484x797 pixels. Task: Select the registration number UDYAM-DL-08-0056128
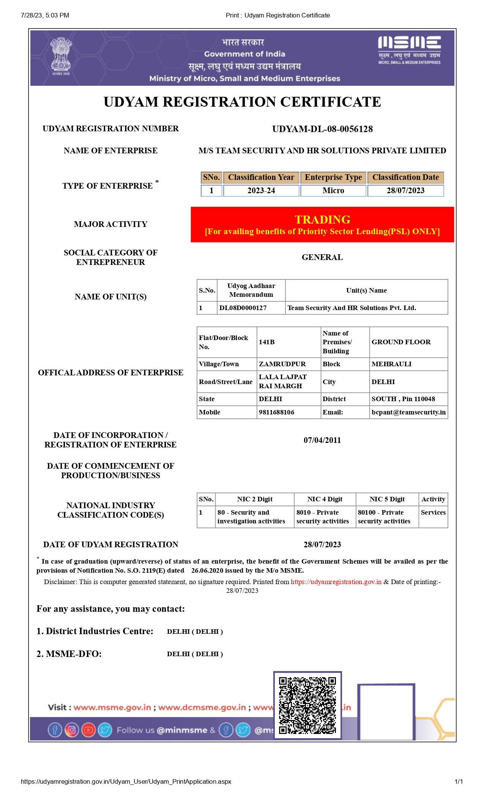coord(322,129)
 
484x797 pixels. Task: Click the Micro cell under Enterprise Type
coord(333,191)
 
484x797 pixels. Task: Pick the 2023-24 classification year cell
coord(261,191)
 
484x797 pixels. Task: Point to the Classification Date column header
coord(405,177)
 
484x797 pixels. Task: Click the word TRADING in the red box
coord(322,220)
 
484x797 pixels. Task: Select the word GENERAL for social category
coord(322,257)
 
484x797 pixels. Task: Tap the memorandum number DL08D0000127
coord(243,308)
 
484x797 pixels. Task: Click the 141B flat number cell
coord(267,342)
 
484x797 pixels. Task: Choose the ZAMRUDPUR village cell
coord(282,364)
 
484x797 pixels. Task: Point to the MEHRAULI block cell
coord(391,364)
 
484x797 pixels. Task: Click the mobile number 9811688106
coord(276,412)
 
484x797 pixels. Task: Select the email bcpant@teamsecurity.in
coord(408,412)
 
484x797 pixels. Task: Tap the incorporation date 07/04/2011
coord(322,440)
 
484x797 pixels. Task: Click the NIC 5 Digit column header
coord(387,499)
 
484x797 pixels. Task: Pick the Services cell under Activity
coord(433,512)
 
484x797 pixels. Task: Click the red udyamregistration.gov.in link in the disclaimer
coord(336,582)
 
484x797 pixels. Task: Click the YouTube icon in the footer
coord(88,730)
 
